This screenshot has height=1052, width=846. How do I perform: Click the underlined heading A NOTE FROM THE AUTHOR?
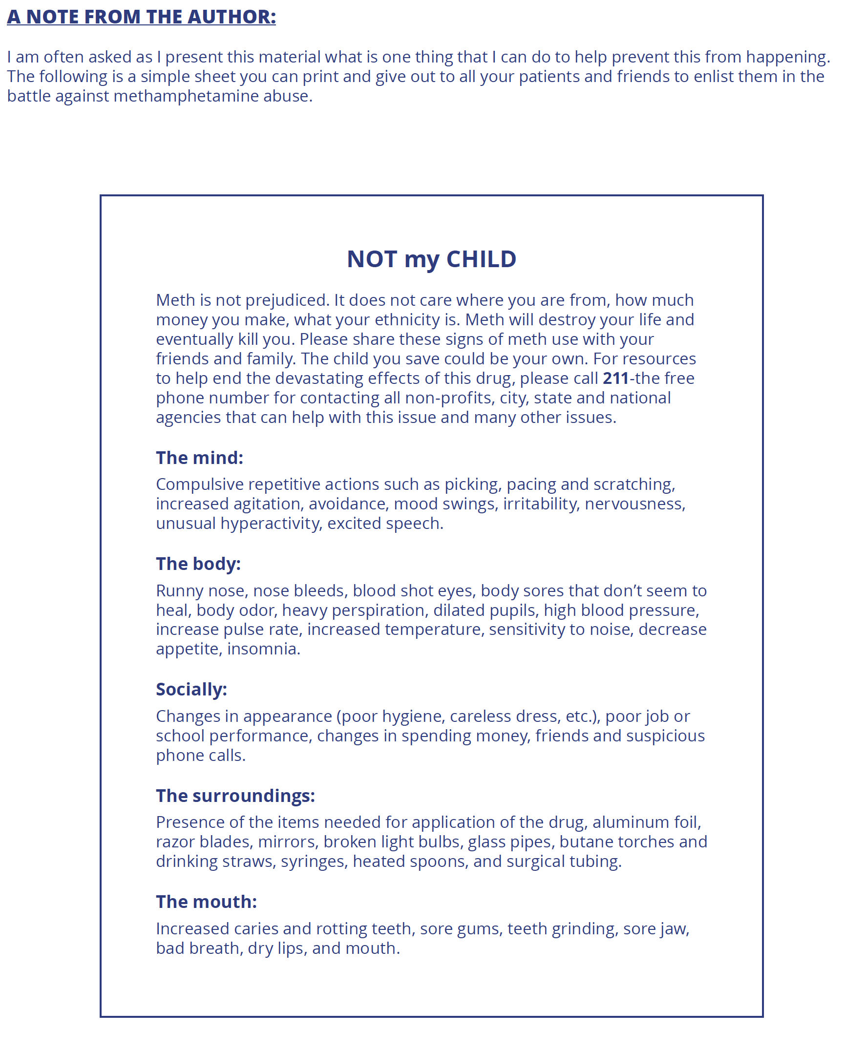[x=141, y=17]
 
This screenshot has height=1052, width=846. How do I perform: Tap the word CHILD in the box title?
[x=481, y=259]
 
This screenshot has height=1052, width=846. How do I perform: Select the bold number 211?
[x=615, y=379]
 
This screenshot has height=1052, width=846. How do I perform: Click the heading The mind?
[x=199, y=458]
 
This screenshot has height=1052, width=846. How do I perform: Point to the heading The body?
[x=198, y=564]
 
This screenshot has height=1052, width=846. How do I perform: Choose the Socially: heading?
[x=191, y=690]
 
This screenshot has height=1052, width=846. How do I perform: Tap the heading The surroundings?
[x=235, y=796]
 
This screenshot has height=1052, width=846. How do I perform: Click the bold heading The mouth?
[x=206, y=902]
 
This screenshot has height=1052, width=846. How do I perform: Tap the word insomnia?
[x=263, y=649]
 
